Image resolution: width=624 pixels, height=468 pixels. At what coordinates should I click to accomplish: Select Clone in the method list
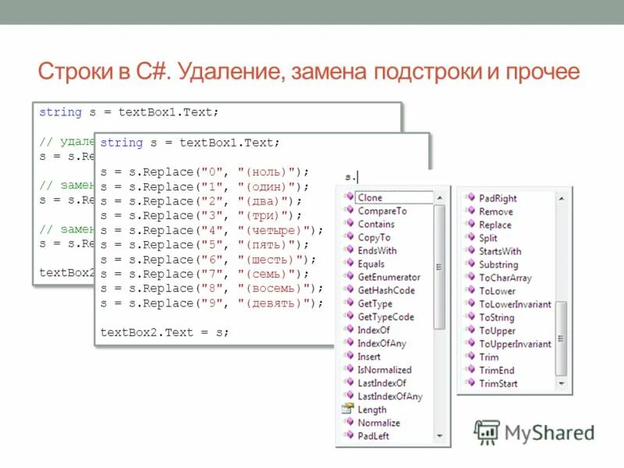click(370, 197)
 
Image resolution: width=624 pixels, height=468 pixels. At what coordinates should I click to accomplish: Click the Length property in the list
click(372, 409)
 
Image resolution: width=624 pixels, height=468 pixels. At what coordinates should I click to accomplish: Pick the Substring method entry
click(498, 264)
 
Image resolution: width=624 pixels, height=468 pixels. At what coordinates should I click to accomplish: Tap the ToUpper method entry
click(497, 331)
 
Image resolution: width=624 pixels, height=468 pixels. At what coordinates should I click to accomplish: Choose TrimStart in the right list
click(498, 384)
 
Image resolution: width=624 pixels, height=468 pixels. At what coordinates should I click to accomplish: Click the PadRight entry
click(498, 198)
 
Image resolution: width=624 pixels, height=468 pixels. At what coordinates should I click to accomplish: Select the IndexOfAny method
click(381, 343)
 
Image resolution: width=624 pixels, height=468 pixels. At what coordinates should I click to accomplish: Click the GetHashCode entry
click(386, 290)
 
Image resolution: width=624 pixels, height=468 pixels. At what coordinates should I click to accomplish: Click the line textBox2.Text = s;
click(165, 332)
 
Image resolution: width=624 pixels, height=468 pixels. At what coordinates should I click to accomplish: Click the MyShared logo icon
click(487, 432)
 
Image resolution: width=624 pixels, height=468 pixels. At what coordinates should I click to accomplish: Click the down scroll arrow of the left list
click(440, 435)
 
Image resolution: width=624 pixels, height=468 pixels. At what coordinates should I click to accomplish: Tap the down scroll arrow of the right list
click(561, 384)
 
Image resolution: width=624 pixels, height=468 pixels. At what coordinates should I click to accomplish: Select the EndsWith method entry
click(377, 250)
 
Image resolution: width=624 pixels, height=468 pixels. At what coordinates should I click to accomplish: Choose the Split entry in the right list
click(488, 238)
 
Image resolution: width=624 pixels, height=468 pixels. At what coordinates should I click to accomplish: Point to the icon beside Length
click(348, 409)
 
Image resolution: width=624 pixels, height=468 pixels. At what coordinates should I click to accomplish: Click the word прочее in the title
click(545, 73)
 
